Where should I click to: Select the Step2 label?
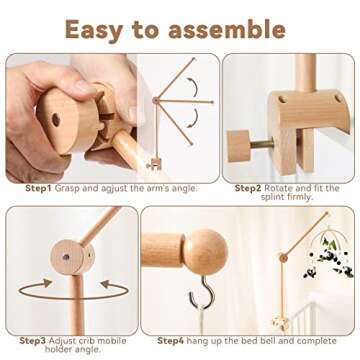tap(250, 187)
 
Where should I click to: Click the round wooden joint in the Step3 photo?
tap(69, 249)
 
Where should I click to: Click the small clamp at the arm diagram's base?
tap(154, 162)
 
